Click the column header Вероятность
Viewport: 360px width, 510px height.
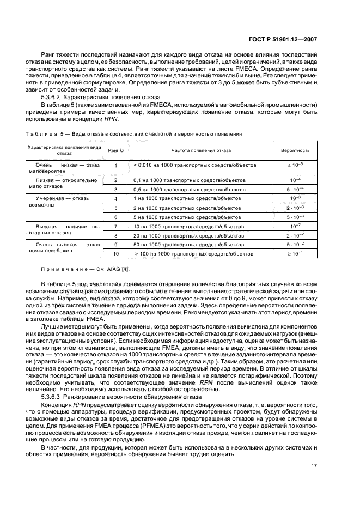(x=295, y=150)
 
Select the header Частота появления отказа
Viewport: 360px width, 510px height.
(x=201, y=150)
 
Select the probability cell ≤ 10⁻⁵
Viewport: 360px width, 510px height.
(x=295, y=165)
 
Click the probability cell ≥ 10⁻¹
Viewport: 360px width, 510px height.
(x=295, y=254)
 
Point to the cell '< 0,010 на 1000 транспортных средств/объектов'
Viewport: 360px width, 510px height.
(x=194, y=165)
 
